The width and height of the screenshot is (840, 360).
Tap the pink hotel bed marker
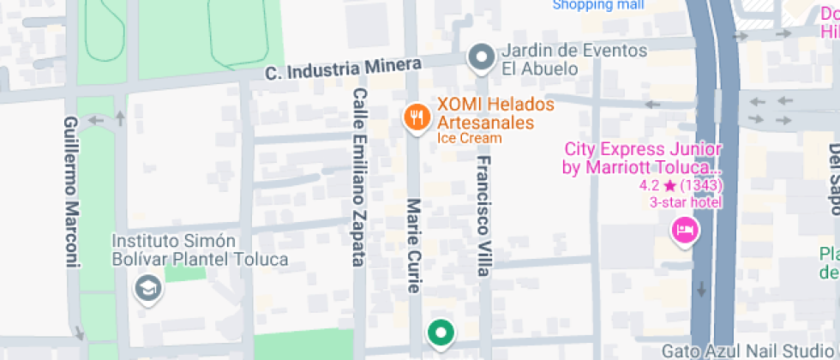click(684, 229)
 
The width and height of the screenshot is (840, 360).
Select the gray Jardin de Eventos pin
click(482, 58)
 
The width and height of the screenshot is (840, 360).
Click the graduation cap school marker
click(148, 289)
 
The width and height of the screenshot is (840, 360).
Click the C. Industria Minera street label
click(343, 69)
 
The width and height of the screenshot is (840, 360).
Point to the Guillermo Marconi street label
click(72, 193)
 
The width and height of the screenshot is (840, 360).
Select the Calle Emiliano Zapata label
click(360, 177)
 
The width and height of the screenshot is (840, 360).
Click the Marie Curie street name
click(415, 247)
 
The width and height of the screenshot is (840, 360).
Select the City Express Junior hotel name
click(642, 158)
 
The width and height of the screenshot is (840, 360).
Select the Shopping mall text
click(598, 5)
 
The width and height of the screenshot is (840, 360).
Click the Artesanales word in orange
click(486, 123)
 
